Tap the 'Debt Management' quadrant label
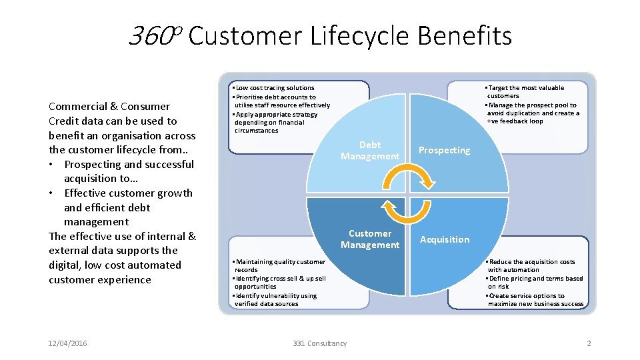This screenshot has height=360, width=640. [x=370, y=151]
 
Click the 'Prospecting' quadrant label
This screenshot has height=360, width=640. [x=444, y=151]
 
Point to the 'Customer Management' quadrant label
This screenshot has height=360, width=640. [x=370, y=239]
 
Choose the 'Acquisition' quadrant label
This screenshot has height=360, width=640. [x=445, y=239]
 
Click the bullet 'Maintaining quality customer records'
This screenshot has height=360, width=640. [x=279, y=266]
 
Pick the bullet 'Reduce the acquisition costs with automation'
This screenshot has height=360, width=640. [x=532, y=266]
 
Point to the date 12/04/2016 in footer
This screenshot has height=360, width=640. [x=68, y=343]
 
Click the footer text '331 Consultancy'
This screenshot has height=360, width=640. [x=320, y=343]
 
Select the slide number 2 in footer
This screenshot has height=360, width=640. [x=589, y=343]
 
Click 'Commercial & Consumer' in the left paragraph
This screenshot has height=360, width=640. [x=109, y=107]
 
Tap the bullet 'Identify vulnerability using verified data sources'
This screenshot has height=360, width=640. [x=276, y=300]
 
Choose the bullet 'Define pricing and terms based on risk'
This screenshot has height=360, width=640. [x=535, y=283]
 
